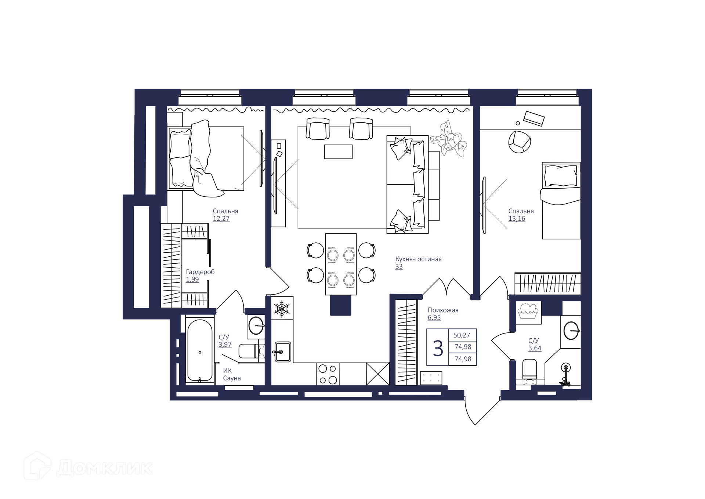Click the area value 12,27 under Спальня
tap(221, 218)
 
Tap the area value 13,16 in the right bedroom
tap(517, 218)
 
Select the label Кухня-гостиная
tap(418, 259)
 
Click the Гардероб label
tap(200, 272)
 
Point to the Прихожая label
tap(443, 310)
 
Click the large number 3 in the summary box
tap(438, 348)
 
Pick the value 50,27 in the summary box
tap(462, 335)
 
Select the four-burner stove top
tap(328, 374)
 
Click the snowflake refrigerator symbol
tap(282, 309)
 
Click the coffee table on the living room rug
tap(338, 152)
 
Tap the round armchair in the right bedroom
tap(519, 142)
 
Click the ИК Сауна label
tap(232, 374)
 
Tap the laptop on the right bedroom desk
tap(534, 118)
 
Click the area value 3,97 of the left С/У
tap(225, 345)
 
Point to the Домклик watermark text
tap(104, 468)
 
